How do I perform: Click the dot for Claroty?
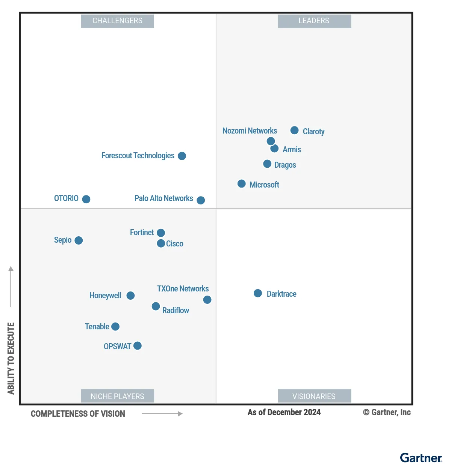coord(295,130)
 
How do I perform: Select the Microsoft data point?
coord(242,184)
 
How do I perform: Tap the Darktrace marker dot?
coord(258,293)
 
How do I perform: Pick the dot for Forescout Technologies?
coord(182,156)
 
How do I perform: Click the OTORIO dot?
coord(86,199)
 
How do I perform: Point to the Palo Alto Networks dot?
coord(201,200)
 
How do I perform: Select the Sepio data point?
coord(79,240)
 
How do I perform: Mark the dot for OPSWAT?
coord(138,346)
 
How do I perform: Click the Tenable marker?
coord(115,327)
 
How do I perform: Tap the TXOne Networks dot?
coord(207,300)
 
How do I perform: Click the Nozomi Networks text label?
coord(250,131)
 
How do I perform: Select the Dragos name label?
coord(285,165)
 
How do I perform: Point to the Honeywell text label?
coord(105,296)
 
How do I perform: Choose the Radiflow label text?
coord(176,311)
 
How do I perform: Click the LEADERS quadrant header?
coord(314,21)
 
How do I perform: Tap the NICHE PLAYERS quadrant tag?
coord(117,396)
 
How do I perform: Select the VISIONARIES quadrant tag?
coord(314,396)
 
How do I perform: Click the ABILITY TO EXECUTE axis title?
coord(11,358)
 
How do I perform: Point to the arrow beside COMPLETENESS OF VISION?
coord(162,414)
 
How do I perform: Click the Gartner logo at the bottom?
coord(421,458)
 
